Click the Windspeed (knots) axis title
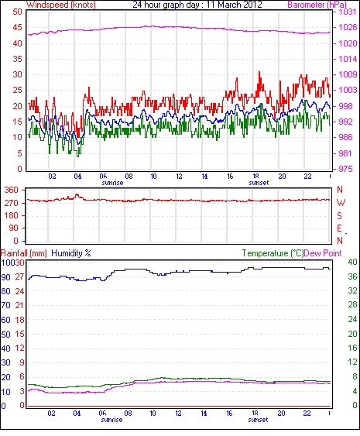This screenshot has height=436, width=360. (61, 5)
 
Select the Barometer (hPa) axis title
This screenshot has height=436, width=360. (317, 5)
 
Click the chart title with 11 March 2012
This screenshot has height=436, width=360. (197, 5)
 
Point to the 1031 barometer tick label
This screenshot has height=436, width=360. (347, 12)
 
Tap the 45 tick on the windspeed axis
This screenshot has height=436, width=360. (17, 28)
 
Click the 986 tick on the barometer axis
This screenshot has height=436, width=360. (345, 137)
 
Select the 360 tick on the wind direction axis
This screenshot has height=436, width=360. (12, 190)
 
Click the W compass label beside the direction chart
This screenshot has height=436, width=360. (341, 203)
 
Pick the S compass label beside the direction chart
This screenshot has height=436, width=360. (339, 215)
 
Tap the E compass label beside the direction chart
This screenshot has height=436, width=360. (339, 228)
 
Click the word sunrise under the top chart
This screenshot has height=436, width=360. (112, 183)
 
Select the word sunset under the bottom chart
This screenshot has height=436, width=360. (258, 420)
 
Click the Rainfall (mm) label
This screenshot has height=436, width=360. (24, 253)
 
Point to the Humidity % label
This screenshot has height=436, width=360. (71, 253)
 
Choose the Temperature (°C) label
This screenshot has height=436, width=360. (273, 253)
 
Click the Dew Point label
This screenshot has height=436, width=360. (323, 253)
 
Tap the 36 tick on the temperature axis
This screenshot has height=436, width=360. (352, 276)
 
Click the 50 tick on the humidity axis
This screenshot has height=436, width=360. (6, 335)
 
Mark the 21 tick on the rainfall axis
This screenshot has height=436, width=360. (19, 305)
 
